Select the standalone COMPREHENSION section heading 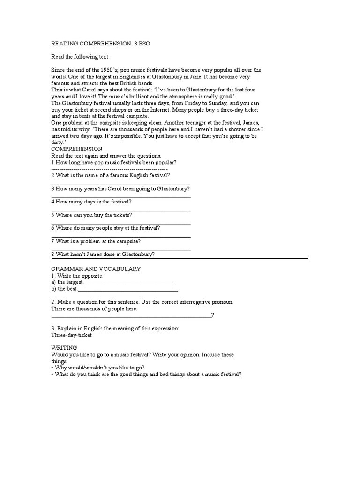click(x=76, y=149)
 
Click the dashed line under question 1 click(x=109, y=169)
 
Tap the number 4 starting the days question click(x=53, y=202)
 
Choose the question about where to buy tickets click(x=91, y=215)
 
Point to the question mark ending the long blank click(x=213, y=315)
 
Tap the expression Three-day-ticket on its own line click(x=71, y=335)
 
